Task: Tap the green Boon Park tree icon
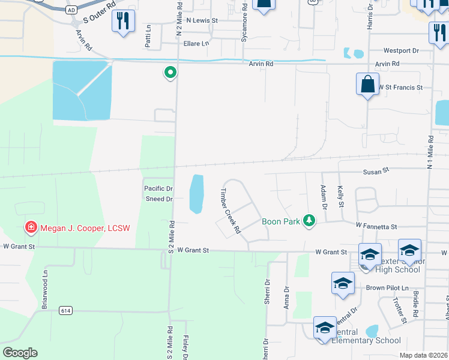(309, 221)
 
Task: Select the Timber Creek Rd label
(230, 211)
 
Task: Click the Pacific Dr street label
(158, 188)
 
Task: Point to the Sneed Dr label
(159, 199)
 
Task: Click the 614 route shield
(66, 310)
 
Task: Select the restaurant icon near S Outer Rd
(123, 22)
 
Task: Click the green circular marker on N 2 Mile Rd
(170, 73)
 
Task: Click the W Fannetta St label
(376, 226)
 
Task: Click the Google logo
(20, 353)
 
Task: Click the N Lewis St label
(202, 20)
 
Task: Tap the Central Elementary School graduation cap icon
(324, 328)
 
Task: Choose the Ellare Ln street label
(196, 43)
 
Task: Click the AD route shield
(71, 10)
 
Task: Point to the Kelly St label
(340, 197)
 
